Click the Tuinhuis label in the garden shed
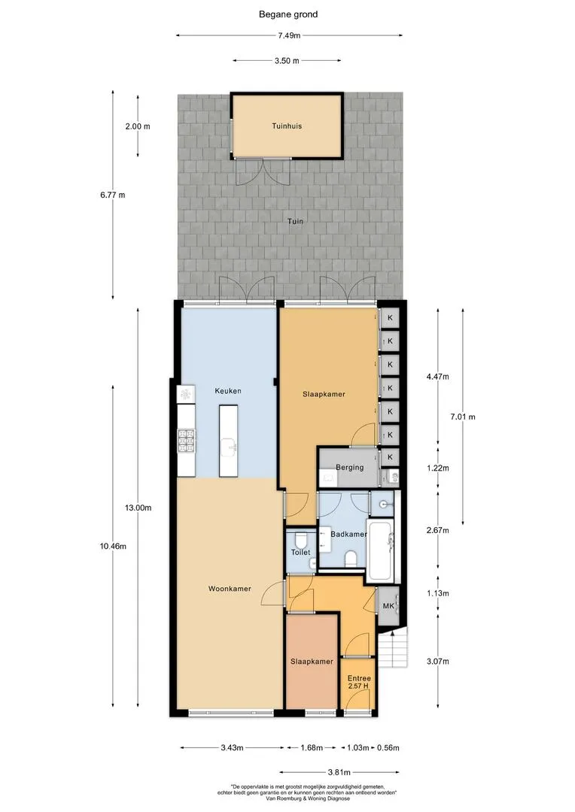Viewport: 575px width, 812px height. click(x=287, y=126)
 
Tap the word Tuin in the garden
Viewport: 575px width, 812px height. click(x=296, y=221)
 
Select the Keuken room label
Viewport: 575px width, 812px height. click(x=228, y=391)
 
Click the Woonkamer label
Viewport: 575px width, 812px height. click(x=230, y=589)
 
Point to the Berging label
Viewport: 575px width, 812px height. click(x=349, y=467)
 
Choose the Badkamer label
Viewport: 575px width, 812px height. click(x=349, y=534)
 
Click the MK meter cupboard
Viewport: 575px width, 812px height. click(x=388, y=606)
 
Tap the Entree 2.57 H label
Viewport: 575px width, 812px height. click(x=359, y=682)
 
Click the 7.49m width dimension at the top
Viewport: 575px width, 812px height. click(x=289, y=35)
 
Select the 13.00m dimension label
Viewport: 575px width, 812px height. click(x=138, y=508)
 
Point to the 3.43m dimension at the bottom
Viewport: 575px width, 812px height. click(x=232, y=747)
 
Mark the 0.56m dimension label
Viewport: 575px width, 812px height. click(x=388, y=747)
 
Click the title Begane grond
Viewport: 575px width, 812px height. click(x=288, y=14)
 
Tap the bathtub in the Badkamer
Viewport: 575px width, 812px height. click(x=381, y=550)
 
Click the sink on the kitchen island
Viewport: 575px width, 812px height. click(x=229, y=445)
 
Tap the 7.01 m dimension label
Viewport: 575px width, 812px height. click(x=463, y=417)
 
